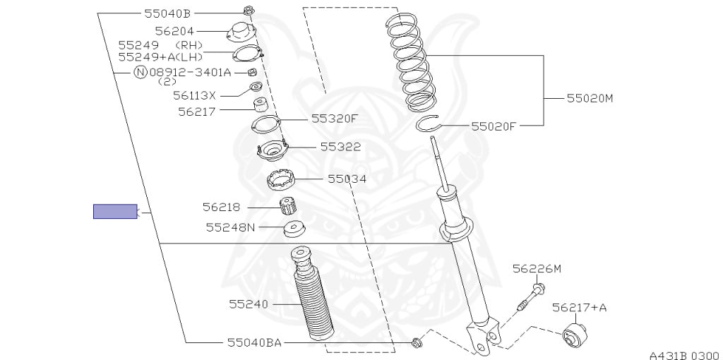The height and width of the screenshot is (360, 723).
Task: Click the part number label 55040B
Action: [168, 13]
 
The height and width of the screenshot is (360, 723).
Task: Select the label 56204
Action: [175, 31]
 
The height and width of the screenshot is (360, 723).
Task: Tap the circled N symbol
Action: [141, 73]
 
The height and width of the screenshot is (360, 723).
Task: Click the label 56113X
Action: [195, 95]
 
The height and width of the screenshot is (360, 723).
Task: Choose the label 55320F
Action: [334, 119]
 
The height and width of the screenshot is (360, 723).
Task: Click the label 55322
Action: [341, 147]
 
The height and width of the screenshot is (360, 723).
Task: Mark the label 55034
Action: [347, 179]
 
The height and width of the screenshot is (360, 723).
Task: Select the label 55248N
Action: [231, 227]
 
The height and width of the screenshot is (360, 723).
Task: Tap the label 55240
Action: [249, 304]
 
